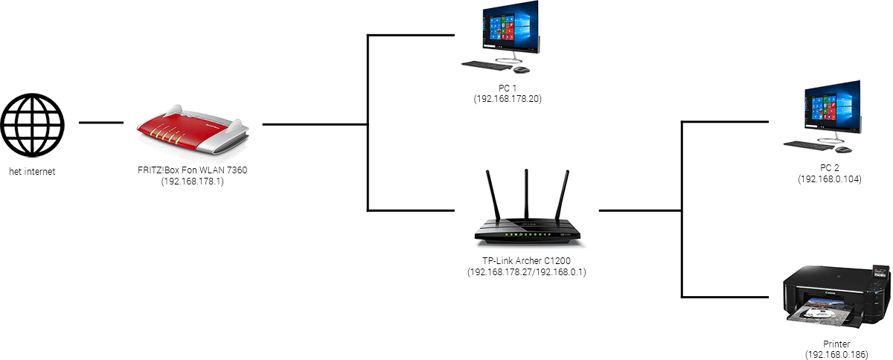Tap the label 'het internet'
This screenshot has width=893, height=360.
(x=32, y=172)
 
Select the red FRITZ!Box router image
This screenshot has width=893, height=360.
(x=193, y=131)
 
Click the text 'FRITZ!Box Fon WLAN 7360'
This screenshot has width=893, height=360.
(x=192, y=170)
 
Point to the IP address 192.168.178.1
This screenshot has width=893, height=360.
(x=192, y=180)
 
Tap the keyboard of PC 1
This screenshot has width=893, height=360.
(x=487, y=65)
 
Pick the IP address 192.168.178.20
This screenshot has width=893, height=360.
(x=506, y=97)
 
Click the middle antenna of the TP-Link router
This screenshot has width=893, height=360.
(x=527, y=193)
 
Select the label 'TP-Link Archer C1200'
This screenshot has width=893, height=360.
(x=527, y=260)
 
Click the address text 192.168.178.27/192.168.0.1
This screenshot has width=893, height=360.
(x=527, y=271)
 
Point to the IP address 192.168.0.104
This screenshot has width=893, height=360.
(x=830, y=179)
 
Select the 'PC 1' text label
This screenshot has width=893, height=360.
(x=506, y=88)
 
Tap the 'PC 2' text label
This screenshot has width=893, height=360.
(x=830, y=170)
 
